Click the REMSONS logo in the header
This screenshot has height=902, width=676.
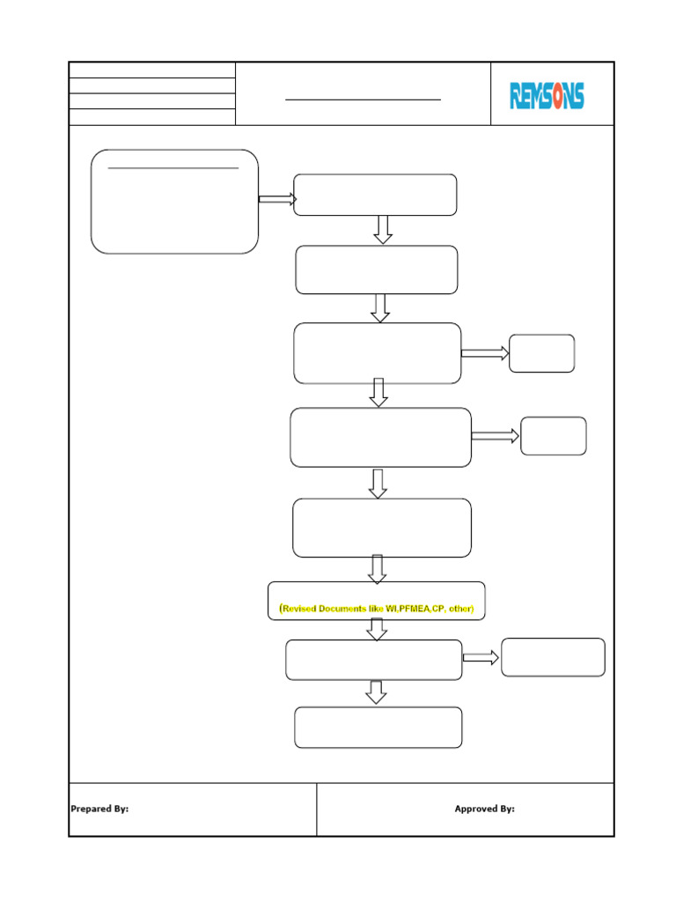[x=547, y=95]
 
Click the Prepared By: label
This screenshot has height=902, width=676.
[x=99, y=809]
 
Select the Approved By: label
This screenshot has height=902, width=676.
[x=484, y=809]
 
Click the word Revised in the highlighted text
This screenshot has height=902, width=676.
[x=302, y=609]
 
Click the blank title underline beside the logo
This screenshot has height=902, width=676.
[x=363, y=100]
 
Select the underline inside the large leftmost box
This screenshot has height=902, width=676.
[x=173, y=167]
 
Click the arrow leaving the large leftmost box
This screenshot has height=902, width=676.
[x=277, y=200]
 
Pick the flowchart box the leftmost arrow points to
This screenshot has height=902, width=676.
[x=375, y=195]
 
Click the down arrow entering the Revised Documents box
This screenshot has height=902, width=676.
[x=377, y=569]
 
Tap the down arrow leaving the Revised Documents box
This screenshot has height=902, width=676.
[x=377, y=630]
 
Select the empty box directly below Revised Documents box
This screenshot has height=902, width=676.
[x=374, y=660]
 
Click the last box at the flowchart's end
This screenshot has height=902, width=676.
[x=378, y=728]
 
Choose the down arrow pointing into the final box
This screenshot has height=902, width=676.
[x=377, y=692]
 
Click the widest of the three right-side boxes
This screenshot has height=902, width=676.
[x=553, y=657]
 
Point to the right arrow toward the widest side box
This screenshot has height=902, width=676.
[x=481, y=658]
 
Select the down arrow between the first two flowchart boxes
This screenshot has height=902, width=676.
[x=383, y=230]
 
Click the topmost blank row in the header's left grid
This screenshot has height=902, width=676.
[x=152, y=70]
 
